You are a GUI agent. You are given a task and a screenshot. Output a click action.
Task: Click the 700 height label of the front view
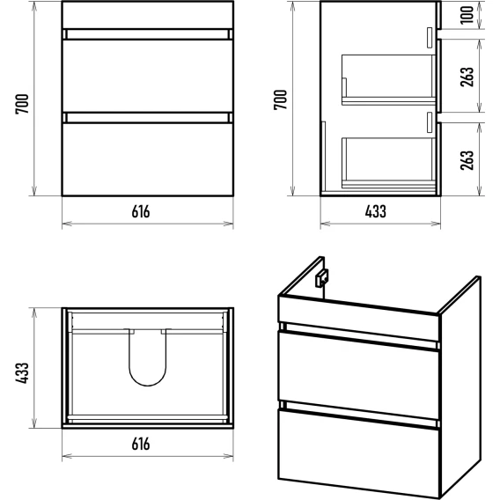(22, 104)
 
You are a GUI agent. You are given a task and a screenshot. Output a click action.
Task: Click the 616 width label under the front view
(141, 211)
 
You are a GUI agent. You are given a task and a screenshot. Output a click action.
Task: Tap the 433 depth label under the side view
(376, 211)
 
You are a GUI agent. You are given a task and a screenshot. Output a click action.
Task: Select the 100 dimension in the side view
(467, 15)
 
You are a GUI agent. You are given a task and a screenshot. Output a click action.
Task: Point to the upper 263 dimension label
(467, 77)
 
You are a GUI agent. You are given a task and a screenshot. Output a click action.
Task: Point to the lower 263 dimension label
(467, 159)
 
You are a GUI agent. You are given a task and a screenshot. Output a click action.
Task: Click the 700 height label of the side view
(281, 99)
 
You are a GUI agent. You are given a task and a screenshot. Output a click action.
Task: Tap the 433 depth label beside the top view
(22, 372)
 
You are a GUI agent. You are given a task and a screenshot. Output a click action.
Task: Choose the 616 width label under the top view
(141, 444)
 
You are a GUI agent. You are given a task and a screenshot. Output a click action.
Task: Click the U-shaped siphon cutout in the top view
(148, 386)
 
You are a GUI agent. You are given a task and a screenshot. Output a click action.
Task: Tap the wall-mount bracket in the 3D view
(321, 278)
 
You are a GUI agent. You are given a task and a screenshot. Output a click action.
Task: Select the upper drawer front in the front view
(148, 76)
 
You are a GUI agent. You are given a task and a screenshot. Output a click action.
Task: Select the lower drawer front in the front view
(148, 159)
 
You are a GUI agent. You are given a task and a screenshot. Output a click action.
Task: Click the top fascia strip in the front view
(148, 15)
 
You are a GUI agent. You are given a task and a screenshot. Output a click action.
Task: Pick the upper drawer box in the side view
(389, 80)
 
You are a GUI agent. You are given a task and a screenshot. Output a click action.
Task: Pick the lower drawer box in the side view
(389, 163)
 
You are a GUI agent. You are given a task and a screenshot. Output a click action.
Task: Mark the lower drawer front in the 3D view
(359, 452)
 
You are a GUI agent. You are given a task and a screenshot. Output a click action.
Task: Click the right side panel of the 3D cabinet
(460, 386)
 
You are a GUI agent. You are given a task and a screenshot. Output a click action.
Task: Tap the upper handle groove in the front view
(148, 34)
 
